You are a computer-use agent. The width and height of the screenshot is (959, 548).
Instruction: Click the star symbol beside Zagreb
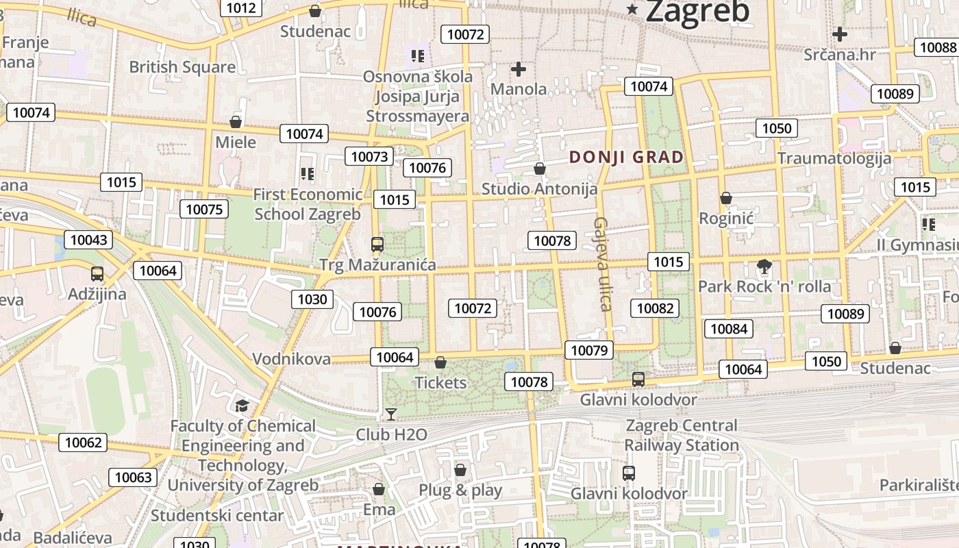pos(632,10)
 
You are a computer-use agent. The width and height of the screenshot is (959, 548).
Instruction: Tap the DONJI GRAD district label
pos(626,157)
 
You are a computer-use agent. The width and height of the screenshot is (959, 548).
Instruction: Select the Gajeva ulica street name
pos(602,264)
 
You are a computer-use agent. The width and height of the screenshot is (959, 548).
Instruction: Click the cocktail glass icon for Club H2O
pos(391,414)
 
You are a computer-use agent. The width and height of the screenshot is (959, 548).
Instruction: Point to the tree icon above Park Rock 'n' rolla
pos(764,266)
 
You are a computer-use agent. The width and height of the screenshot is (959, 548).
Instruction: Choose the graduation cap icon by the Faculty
pos(241,406)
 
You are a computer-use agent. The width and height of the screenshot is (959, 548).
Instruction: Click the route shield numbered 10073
pos(369,156)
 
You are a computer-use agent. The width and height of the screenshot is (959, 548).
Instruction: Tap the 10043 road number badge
pos(88,240)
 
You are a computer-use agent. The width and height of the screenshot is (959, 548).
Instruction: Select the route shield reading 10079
pos(589,351)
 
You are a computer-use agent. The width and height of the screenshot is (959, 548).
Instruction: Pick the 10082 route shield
pos(656,308)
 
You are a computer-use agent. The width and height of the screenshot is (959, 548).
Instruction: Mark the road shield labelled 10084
pos(729,329)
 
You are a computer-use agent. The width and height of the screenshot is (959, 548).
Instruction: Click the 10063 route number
pos(133,477)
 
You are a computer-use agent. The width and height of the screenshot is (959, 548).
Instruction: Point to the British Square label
pos(182,67)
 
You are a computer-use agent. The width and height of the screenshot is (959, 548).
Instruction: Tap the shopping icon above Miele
pos(236,122)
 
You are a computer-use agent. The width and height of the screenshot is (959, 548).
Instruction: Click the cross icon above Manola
pos(519,69)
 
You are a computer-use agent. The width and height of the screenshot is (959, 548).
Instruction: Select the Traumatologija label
pos(834,158)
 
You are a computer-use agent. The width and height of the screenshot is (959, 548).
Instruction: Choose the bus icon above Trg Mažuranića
pos(377,245)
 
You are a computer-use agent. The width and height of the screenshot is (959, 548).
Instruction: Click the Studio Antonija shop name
pos(539,188)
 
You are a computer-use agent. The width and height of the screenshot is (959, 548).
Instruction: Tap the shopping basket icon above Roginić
pos(726,199)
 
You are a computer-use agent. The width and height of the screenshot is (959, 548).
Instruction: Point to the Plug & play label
pos(460,490)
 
